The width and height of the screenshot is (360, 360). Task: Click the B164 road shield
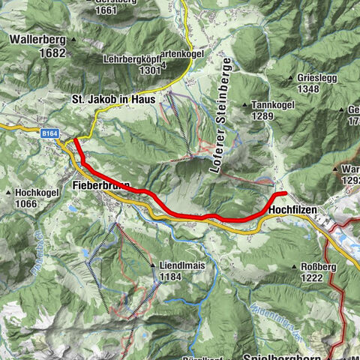tap(50, 133)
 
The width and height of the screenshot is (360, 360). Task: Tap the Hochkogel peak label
tap(37, 192)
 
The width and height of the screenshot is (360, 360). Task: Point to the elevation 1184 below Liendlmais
tap(171, 277)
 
